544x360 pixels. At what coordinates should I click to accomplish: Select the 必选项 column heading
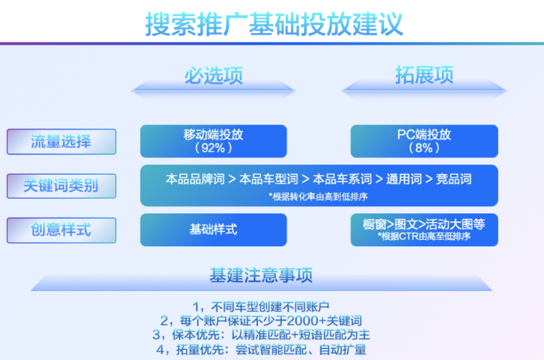(213, 75)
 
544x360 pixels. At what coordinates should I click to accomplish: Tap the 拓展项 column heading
(424, 75)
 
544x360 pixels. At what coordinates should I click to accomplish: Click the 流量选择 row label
(61, 142)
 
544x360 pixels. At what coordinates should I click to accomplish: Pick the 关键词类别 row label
(61, 186)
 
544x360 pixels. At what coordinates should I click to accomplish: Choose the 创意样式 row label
(61, 231)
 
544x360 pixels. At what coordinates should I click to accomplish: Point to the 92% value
(213, 148)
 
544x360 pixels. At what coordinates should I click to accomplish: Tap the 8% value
(424, 148)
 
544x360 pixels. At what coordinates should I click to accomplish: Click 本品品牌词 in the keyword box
(195, 179)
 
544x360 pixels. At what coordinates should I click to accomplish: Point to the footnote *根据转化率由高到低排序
(319, 195)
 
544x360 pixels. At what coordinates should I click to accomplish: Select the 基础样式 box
(213, 230)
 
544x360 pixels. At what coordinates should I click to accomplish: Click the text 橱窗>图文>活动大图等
(424, 225)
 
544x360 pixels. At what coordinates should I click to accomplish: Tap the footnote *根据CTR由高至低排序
(424, 236)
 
